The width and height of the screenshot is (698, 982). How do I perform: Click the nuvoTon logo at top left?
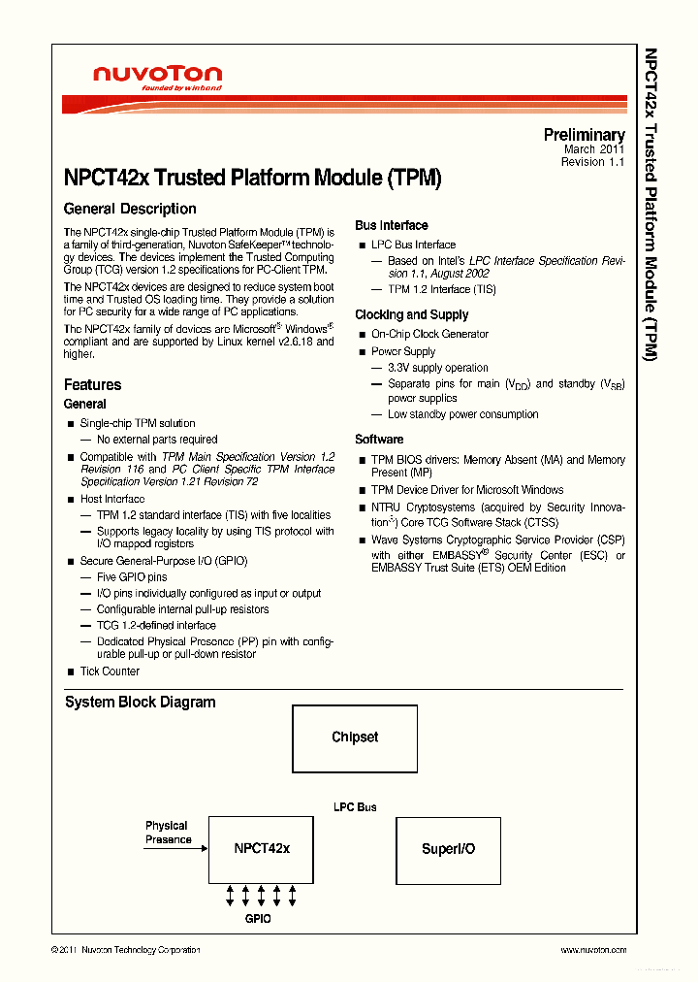[157, 77]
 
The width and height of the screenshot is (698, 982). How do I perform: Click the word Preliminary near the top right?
[584, 135]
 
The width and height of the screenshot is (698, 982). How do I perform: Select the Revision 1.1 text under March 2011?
[592, 162]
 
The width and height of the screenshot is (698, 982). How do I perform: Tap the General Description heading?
[130, 209]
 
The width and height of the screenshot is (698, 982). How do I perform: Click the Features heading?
[92, 385]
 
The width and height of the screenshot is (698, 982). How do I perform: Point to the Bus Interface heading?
[391, 225]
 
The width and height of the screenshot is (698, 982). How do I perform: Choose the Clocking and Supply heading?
[411, 314]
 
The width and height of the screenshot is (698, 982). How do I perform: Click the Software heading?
[379, 439]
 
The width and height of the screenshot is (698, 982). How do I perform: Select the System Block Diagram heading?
[140, 703]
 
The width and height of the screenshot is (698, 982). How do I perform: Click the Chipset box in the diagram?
[355, 737]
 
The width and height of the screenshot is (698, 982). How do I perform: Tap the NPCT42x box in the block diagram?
[262, 849]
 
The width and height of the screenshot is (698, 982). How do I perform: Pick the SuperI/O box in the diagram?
[448, 849]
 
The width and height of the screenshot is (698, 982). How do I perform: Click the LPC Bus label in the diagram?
[354, 807]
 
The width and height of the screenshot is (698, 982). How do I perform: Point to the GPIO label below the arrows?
[257, 918]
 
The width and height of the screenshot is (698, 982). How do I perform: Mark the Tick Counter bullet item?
[110, 671]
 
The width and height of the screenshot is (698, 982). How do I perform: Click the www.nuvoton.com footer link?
[593, 950]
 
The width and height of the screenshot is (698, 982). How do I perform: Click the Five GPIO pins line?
[132, 577]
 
